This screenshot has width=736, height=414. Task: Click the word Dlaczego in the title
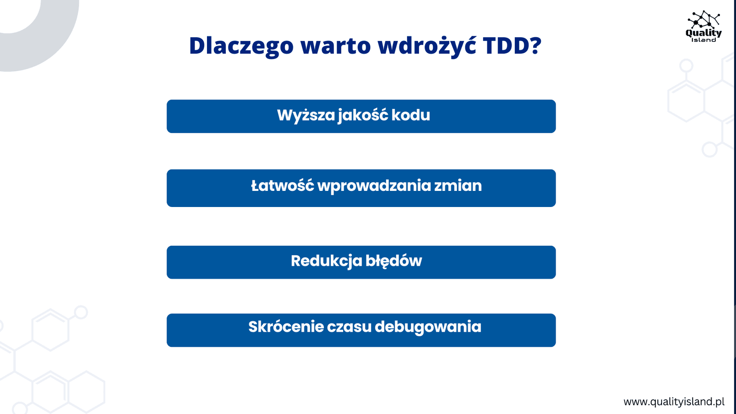coord(241,46)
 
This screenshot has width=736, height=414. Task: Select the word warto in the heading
coord(335,46)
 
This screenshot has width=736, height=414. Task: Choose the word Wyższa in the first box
coord(305,115)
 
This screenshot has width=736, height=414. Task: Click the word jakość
coord(362,115)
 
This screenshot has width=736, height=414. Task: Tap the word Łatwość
coord(282,185)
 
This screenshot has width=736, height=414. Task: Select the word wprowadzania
coord(374,186)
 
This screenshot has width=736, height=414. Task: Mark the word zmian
coord(458,186)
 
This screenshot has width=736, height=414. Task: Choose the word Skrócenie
coord(286,327)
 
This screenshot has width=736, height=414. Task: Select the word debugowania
coord(428,328)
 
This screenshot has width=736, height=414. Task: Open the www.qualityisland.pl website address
coord(674,402)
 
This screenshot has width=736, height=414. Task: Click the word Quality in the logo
coord(703,33)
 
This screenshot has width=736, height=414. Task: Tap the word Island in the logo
coord(703,40)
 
